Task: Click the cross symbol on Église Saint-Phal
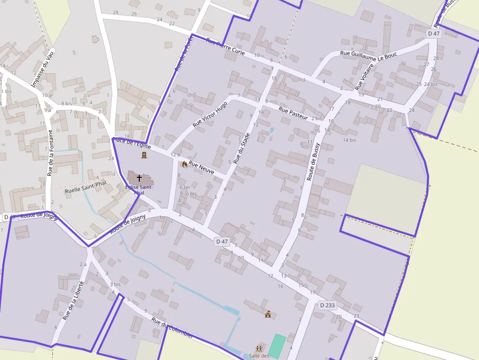pos(139,178)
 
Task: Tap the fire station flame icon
pos(184,164)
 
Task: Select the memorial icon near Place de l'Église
pos(144,155)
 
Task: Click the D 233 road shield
pos(327,305)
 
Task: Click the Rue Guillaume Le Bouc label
pos(369,56)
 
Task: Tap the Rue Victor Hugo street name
pos(210,114)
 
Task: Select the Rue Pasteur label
pos(293,113)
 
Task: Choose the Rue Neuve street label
pos(201,168)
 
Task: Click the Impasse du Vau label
pos(42,71)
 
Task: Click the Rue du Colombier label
pos(172,328)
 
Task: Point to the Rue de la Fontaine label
pos(50,153)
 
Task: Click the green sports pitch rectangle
pos(277,346)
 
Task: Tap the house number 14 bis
pos(349,140)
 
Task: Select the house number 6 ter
pos(184,187)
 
